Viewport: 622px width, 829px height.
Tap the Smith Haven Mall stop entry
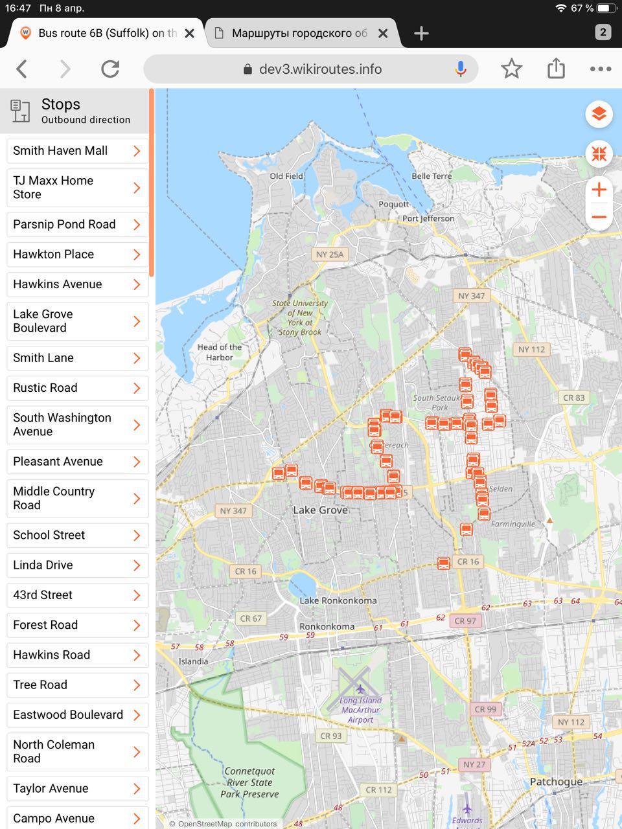[x=77, y=151]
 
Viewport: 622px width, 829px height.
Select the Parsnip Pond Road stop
[x=77, y=225]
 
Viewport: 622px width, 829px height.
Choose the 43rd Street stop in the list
[x=77, y=595]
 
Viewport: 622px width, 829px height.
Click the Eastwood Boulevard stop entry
[x=77, y=715]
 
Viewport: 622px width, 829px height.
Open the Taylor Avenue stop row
[x=77, y=788]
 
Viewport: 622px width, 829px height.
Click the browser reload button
[x=110, y=69]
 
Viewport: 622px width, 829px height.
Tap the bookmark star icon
[x=511, y=69]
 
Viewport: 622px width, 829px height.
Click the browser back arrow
[x=22, y=69]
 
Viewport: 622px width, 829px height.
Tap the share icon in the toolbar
[x=556, y=69]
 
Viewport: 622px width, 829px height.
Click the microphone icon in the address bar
[x=461, y=69]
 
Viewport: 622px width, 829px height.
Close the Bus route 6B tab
[x=189, y=33]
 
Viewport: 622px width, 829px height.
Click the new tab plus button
[x=421, y=33]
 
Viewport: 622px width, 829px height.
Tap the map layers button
[x=599, y=114]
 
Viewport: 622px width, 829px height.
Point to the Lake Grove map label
[x=320, y=510]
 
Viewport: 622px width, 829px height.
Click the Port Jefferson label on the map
[x=428, y=219]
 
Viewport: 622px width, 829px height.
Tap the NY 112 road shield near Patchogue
[x=571, y=722]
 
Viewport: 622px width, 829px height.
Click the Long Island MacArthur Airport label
[x=361, y=710]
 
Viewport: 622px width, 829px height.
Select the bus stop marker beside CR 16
[x=444, y=563]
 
